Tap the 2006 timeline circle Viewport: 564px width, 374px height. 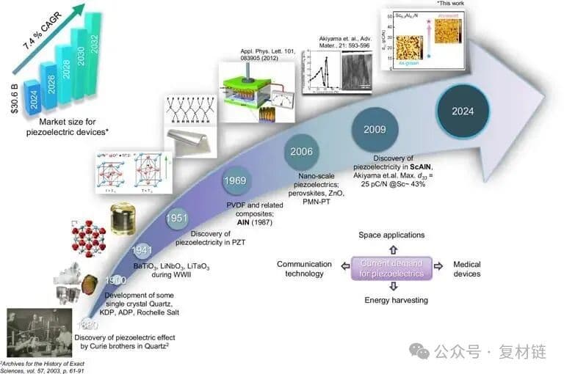tap(301, 153)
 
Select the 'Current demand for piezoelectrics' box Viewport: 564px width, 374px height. tap(392, 268)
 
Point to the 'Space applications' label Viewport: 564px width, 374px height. tap(391, 235)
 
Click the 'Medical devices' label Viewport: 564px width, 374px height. tap(466, 268)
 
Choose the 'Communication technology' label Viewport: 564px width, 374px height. tap(300, 268)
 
